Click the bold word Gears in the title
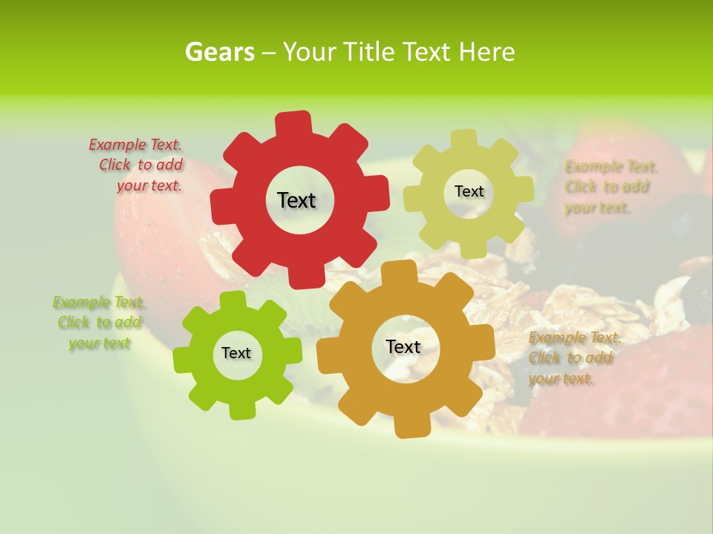(x=219, y=52)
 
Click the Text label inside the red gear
(x=296, y=200)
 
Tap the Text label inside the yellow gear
(x=469, y=191)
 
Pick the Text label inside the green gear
(x=236, y=353)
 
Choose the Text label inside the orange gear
(x=403, y=346)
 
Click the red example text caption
(x=137, y=165)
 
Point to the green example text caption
(x=99, y=323)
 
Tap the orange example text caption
(x=573, y=358)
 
